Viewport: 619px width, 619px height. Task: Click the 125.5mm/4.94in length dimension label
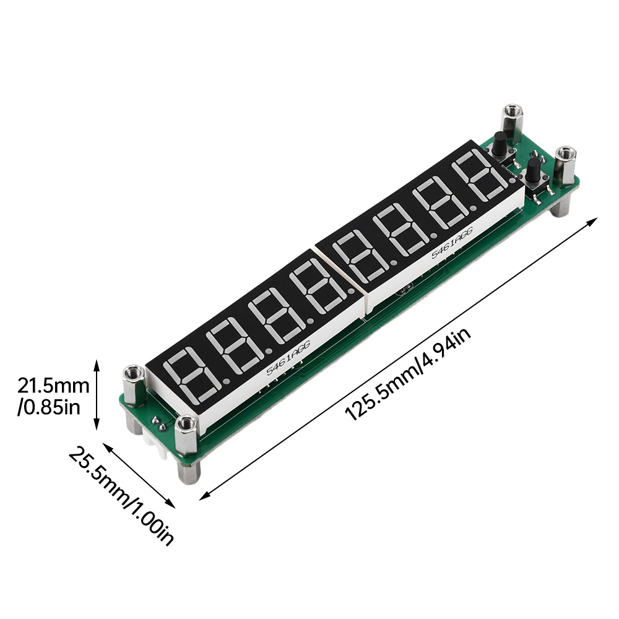407,374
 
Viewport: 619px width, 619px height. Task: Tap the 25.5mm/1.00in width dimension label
121,496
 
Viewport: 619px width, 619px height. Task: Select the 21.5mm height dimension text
53,385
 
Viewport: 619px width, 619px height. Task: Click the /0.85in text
48,407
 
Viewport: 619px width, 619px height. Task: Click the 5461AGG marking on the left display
288,358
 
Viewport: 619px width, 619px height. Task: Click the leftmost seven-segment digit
193,373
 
